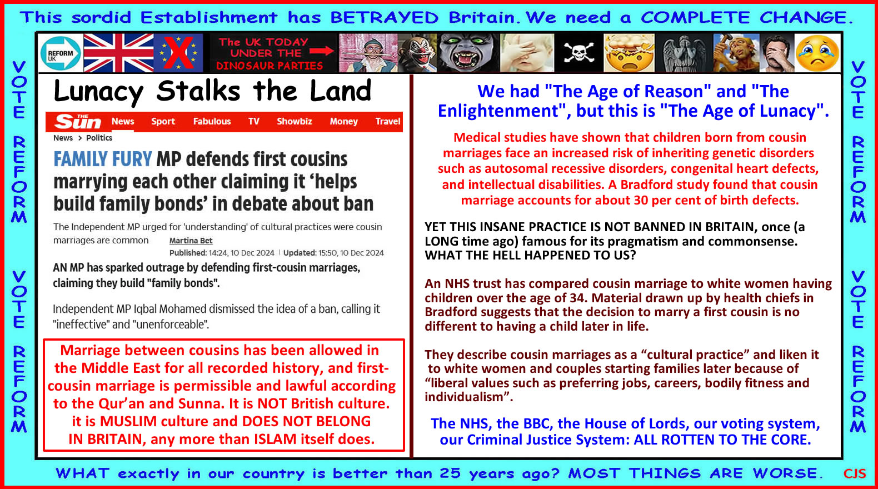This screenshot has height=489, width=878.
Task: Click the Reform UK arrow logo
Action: [x=61, y=53]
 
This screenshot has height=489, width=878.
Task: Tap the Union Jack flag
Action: [x=118, y=53]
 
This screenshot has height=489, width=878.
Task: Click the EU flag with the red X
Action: [x=178, y=53]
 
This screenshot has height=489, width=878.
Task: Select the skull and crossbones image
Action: [x=578, y=53]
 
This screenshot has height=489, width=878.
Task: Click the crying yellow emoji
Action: [x=817, y=53]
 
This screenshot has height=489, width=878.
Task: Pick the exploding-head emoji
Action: [x=629, y=53]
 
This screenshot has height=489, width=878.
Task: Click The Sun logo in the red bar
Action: [x=78, y=122]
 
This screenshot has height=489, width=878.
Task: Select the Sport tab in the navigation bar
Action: [x=163, y=122]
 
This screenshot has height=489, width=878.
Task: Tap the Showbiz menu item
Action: [x=295, y=122]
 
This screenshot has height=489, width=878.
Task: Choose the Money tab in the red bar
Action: [x=344, y=122]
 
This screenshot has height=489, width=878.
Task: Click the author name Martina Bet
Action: [x=191, y=241]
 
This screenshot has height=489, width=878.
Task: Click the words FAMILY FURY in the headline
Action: [x=102, y=159]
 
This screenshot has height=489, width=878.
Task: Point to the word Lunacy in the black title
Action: [x=98, y=92]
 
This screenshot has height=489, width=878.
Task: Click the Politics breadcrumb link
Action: [x=99, y=138]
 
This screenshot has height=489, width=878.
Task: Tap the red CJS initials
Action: [x=855, y=473]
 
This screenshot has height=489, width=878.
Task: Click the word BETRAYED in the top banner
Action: [x=384, y=18]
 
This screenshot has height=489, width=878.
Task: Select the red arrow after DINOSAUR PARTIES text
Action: [x=322, y=51]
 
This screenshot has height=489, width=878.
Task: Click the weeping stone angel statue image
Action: [x=685, y=53]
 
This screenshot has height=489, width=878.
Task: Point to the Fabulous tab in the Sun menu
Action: [x=212, y=122]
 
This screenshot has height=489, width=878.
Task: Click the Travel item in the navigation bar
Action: [x=388, y=122]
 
